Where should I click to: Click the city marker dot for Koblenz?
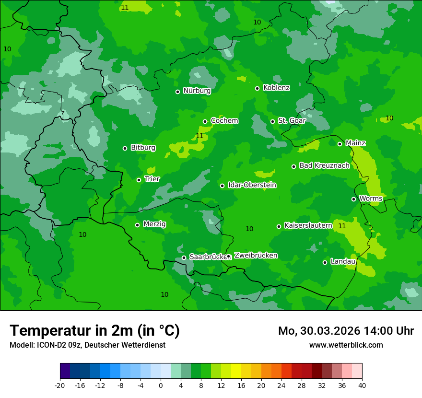(x=257, y=88)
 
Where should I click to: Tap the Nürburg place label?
(x=197, y=91)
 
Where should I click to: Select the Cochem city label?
(x=224, y=121)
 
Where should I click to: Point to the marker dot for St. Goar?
(x=272, y=121)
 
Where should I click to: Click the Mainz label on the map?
(x=355, y=143)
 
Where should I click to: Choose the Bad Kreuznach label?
(x=324, y=165)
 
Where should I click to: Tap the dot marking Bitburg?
(x=125, y=148)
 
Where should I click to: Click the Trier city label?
(x=152, y=179)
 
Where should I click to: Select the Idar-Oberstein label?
(x=252, y=185)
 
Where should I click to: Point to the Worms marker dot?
(x=353, y=199)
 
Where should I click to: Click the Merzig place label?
(x=154, y=224)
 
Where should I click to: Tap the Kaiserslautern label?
(x=308, y=225)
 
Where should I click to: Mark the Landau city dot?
(x=325, y=262)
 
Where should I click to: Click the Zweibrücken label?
(x=256, y=256)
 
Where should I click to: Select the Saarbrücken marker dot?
(x=184, y=258)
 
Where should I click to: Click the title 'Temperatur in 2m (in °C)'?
(x=94, y=331)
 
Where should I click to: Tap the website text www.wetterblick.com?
(x=346, y=345)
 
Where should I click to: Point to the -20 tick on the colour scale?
(x=60, y=385)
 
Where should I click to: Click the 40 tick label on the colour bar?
(x=362, y=385)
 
